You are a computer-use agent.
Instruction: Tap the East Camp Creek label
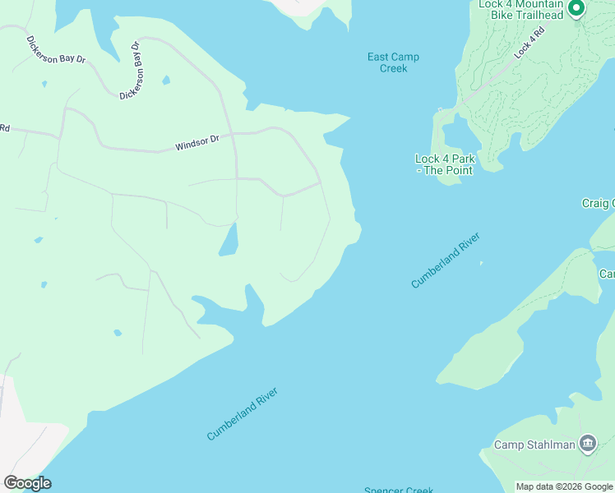pos(393,62)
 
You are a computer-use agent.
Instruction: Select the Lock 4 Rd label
pos(529,44)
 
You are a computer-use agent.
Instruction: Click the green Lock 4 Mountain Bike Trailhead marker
pos(576,9)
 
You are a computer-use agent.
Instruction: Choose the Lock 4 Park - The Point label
pos(444,164)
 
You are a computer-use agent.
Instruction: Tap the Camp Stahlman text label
pos(534,445)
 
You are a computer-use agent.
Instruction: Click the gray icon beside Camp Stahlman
pos(587,445)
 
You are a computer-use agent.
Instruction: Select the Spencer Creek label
pos(399,490)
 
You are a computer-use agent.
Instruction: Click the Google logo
pos(27,483)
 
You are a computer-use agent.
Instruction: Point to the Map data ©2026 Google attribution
pos(564,486)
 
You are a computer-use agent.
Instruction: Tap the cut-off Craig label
pos(598,203)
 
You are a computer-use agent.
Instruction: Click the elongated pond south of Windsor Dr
pos(229,239)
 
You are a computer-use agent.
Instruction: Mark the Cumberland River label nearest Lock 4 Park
pos(445,260)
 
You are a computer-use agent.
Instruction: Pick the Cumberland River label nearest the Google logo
pos(243,413)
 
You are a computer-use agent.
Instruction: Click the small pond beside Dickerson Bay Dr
pos(166,81)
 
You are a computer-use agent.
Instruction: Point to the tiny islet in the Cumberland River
pos(481,264)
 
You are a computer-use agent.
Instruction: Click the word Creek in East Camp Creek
pos(393,68)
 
